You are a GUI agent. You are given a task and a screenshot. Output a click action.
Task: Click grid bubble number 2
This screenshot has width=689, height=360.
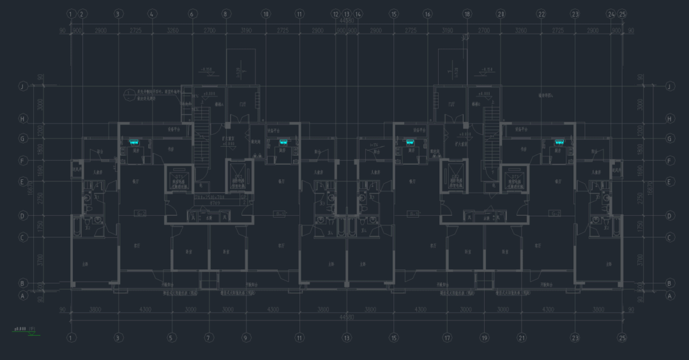pyautogui.click(x=82, y=13)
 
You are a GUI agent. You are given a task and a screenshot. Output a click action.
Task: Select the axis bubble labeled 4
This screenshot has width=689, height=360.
pyautogui.click(x=152, y=13)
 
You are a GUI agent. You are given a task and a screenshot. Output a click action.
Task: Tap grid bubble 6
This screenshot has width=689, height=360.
pyautogui.click(x=192, y=13)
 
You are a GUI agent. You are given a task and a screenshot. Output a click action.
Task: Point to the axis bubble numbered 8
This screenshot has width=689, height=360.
pyautogui.click(x=226, y=13)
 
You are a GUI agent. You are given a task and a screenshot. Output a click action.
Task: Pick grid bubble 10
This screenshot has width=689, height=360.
pyautogui.click(x=266, y=13)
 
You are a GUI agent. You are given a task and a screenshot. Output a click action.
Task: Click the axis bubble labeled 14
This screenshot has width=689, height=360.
pyautogui.click(x=358, y=13)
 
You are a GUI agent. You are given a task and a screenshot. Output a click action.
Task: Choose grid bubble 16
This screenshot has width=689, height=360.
pyautogui.click(x=428, y=13)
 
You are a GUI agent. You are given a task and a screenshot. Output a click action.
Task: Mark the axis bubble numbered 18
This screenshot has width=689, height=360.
pyautogui.click(x=467, y=13)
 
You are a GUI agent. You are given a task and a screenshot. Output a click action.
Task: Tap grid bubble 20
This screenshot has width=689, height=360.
pyautogui.click(x=501, y=13)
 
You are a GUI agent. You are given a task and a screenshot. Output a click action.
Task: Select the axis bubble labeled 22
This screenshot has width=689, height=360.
pyautogui.click(x=541, y=13)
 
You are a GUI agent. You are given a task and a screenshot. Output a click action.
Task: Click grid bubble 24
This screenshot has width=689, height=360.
pyautogui.click(x=611, y=13)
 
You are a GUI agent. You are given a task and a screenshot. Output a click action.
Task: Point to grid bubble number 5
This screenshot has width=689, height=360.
pyautogui.click(x=172, y=338)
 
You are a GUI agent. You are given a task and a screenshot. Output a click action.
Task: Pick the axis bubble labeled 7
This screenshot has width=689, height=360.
pyautogui.click(x=209, y=338)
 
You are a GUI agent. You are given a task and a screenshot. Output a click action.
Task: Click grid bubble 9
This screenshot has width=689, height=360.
pyautogui.click(x=246, y=338)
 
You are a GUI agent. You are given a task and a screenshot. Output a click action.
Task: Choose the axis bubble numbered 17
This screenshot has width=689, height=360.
pyautogui.click(x=448, y=338)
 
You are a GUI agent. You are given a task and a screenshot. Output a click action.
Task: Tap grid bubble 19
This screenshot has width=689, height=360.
pyautogui.click(x=485, y=338)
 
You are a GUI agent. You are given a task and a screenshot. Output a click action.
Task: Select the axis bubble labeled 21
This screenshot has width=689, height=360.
pyautogui.click(x=522, y=338)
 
